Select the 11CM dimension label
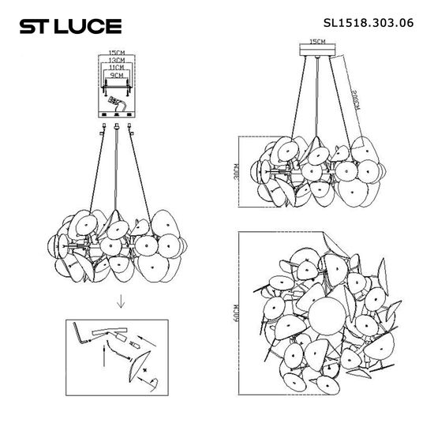(x=118, y=69)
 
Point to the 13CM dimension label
(x=118, y=62)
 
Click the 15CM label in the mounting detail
(x=118, y=54)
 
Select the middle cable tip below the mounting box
(x=118, y=125)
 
